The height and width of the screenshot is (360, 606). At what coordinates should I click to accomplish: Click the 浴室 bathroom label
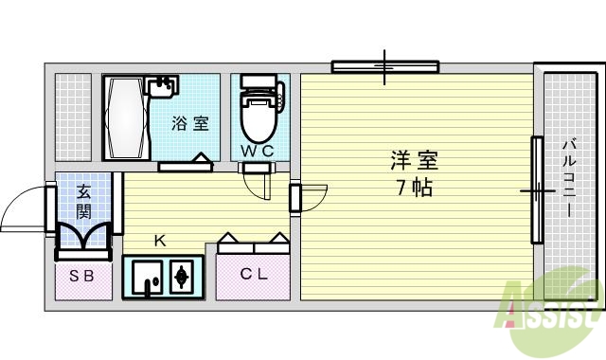point(189,123)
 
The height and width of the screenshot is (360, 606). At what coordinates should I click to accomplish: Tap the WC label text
point(256,151)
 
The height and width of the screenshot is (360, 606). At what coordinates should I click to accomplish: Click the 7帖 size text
point(415,187)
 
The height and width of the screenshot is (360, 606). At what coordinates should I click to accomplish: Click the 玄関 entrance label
point(83,201)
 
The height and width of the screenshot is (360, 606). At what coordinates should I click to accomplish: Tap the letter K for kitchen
point(160,241)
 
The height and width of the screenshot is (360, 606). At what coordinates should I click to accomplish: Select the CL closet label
point(252,276)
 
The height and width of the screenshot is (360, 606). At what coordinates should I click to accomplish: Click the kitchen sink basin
point(145,278)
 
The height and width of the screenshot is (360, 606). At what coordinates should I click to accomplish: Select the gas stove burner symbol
point(182,278)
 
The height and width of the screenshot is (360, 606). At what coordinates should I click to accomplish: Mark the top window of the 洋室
point(384,66)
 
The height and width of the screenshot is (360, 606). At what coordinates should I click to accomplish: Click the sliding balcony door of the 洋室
point(536,190)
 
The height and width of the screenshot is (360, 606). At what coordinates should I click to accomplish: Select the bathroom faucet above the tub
point(165,86)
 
